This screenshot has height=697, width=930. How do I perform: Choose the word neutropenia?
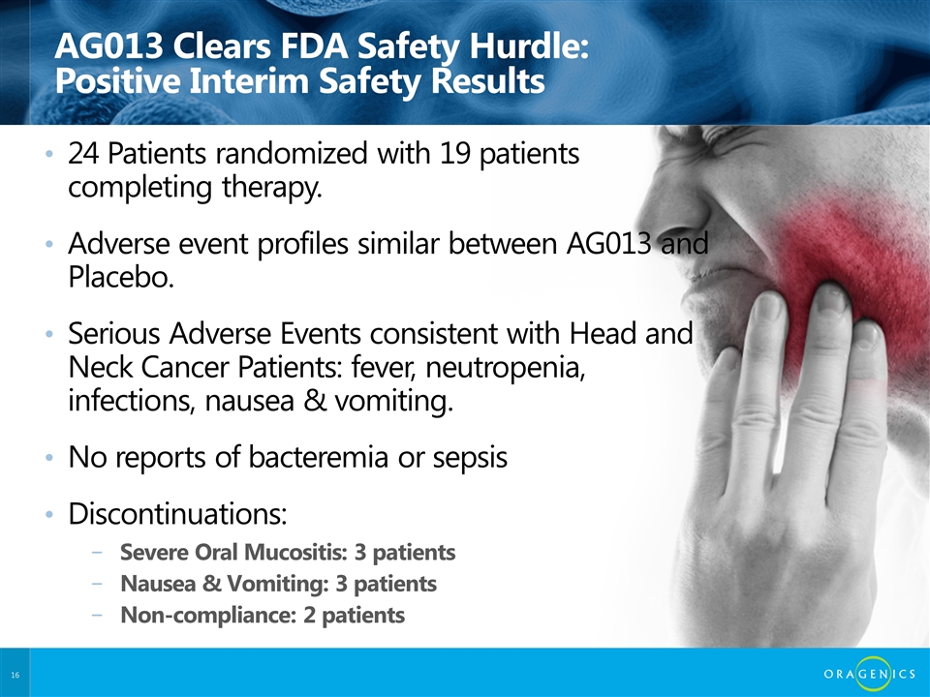(505, 368)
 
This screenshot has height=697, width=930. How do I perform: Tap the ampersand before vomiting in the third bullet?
(314, 401)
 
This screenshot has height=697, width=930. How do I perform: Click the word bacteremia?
(318, 457)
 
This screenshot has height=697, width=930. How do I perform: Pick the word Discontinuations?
(175, 513)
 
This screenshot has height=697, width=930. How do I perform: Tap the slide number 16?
(15, 675)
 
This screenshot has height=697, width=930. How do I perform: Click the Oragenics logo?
(869, 674)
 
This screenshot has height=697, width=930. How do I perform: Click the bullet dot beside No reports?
(49, 458)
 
